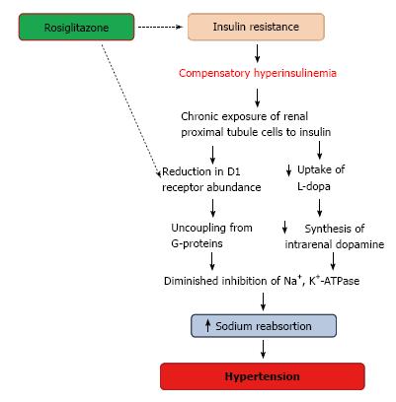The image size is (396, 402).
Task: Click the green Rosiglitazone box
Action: pyautogui.click(x=76, y=27)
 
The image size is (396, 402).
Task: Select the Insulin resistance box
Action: pyautogui.click(x=256, y=27)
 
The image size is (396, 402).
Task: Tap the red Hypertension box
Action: pyautogui.click(x=263, y=376)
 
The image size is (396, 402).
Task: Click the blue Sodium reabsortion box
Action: pyautogui.click(x=264, y=326)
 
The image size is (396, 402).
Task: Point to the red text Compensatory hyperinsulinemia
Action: pyautogui.click(x=258, y=73)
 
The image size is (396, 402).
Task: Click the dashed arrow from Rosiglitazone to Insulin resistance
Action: pyautogui.click(x=160, y=27)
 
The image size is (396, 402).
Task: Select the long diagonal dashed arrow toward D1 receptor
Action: pyautogui.click(x=130, y=111)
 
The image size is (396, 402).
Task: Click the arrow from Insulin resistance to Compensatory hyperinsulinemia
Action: pyautogui.click(x=257, y=53)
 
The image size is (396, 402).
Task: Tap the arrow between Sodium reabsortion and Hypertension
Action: pyautogui.click(x=263, y=349)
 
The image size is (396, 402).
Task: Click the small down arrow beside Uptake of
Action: pyautogui.click(x=288, y=169)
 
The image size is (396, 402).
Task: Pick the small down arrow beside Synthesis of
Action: pyautogui.click(x=285, y=227)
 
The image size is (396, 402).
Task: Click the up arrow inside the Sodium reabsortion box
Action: pyautogui.click(x=207, y=325)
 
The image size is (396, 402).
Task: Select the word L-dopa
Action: pyautogui.click(x=314, y=186)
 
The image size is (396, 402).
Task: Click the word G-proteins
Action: pyautogui.click(x=197, y=243)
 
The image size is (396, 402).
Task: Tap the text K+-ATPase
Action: pyautogui.click(x=335, y=280)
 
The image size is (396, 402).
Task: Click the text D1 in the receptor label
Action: pyautogui.click(x=233, y=171)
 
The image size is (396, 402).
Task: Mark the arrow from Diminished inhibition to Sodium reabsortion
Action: pyautogui.click(x=263, y=301)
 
